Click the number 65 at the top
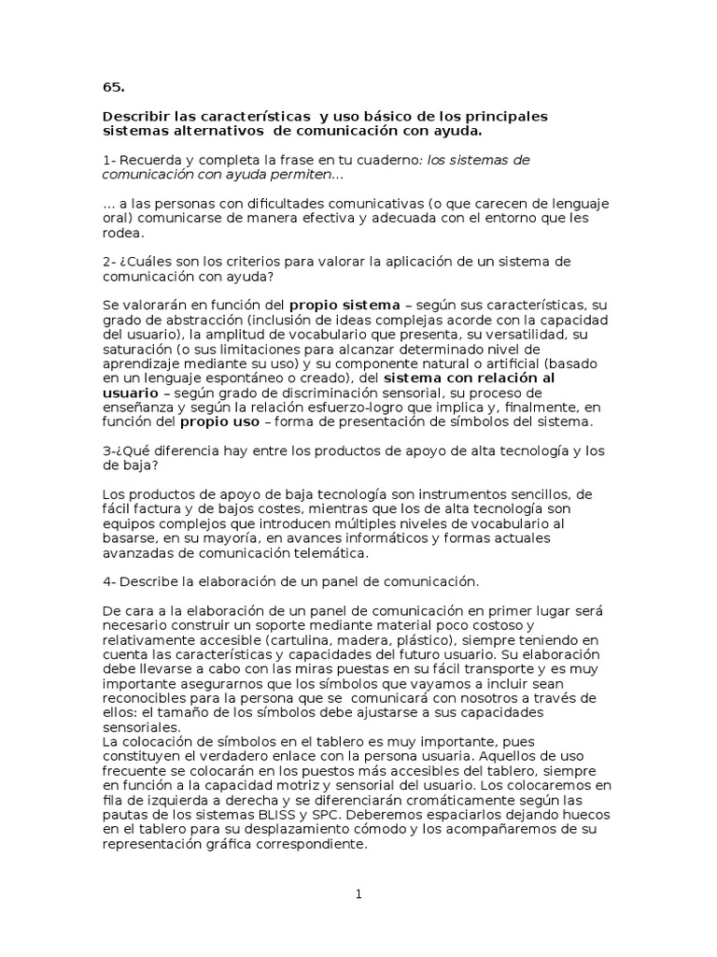coord(113,88)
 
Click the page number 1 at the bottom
coord(358,894)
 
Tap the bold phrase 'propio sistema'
coord(344,305)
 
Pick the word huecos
coord(589,813)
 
